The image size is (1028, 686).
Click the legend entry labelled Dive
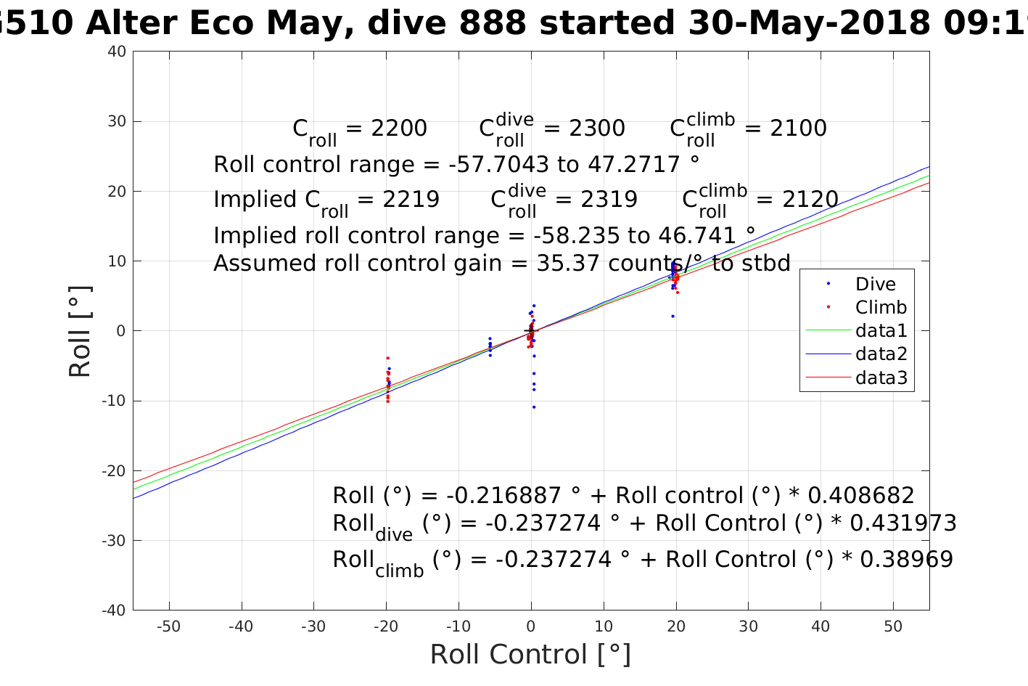click(875, 285)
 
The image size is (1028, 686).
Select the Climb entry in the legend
click(881, 308)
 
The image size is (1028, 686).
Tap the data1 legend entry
click(881, 331)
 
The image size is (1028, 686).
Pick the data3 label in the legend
click(881, 377)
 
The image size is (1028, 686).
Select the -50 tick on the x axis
click(169, 626)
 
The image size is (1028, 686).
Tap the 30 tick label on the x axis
click(748, 626)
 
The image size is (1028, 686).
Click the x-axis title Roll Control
click(530, 654)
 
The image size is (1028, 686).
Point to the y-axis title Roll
click(80, 331)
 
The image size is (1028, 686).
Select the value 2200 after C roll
click(399, 128)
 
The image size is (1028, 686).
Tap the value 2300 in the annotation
click(596, 128)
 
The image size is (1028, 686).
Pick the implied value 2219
click(411, 200)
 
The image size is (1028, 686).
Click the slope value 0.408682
click(861, 496)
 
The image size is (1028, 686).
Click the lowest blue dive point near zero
click(534, 407)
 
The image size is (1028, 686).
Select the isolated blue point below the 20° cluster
click(673, 316)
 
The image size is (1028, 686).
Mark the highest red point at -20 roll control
click(387, 358)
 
